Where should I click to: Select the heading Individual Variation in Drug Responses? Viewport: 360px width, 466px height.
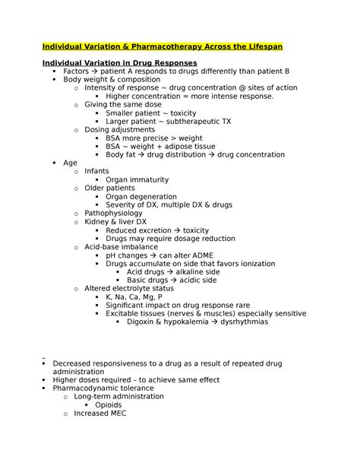point(120,62)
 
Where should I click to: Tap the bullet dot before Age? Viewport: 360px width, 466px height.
point(53,163)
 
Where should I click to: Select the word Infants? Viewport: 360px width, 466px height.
point(96,172)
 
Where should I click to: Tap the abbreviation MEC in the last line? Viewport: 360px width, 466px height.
point(117,414)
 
